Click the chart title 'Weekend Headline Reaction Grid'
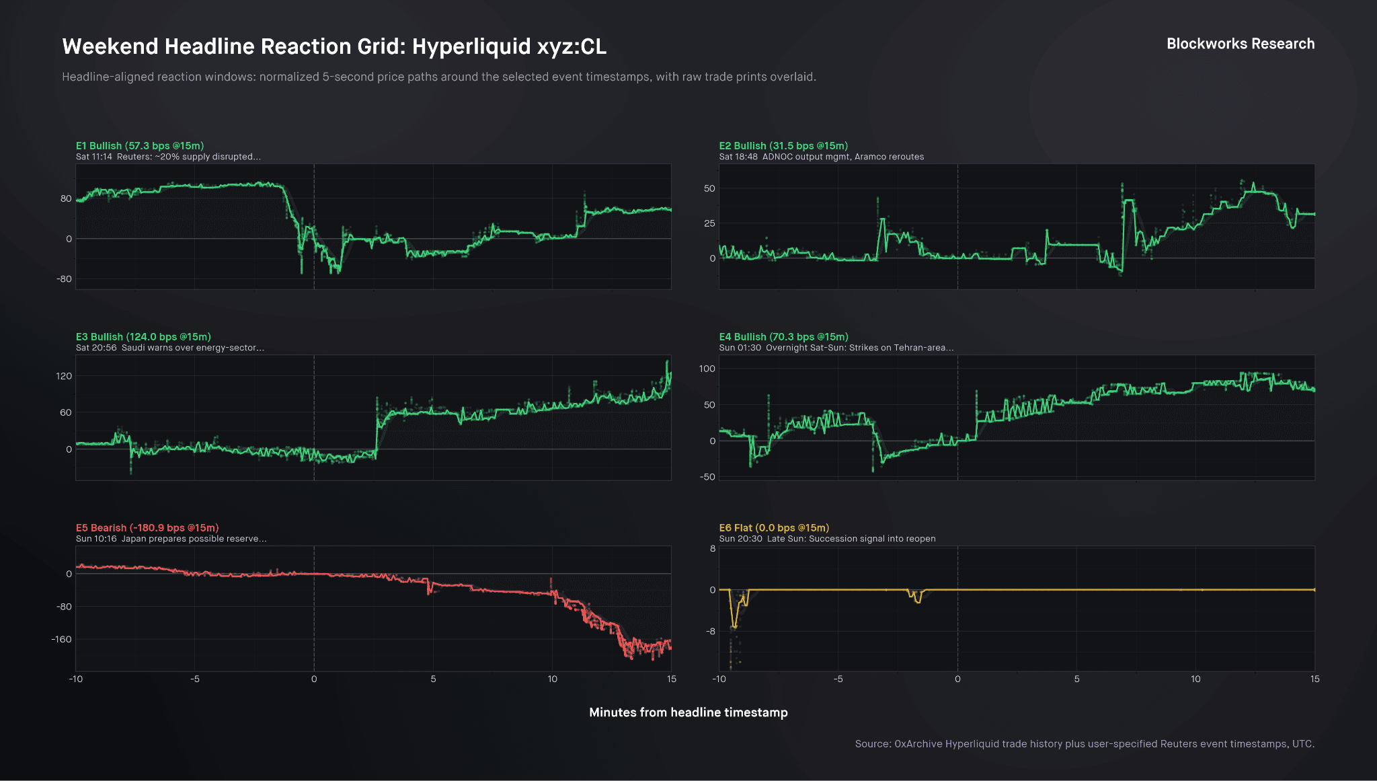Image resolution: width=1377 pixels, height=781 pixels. (334, 46)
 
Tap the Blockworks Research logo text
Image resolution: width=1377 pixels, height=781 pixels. (1240, 44)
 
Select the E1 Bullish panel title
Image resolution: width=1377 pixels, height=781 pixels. (140, 146)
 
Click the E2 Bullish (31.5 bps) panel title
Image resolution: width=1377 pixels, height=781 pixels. (783, 146)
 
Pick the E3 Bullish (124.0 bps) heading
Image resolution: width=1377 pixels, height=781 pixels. (143, 337)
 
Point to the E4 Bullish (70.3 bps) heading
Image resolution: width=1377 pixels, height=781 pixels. (783, 337)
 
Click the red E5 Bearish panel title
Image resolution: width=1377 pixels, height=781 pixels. (147, 528)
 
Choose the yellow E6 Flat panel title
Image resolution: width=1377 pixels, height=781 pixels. (774, 528)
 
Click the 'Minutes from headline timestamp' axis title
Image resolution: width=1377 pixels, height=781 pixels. (688, 712)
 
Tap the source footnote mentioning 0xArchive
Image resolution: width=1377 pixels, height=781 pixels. (1084, 744)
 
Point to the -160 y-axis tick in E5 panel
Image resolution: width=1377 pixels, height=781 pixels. (61, 640)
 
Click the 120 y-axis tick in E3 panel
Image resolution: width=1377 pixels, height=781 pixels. (64, 376)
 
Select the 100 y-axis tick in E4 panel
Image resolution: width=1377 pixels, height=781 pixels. (707, 369)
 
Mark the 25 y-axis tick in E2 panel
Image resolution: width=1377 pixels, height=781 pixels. (709, 223)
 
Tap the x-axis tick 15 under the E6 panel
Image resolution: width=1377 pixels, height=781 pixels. (1314, 679)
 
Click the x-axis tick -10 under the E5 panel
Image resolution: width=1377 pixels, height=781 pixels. (76, 679)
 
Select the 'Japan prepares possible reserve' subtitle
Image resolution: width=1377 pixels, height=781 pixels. (171, 539)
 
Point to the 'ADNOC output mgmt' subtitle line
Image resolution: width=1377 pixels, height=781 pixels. (821, 157)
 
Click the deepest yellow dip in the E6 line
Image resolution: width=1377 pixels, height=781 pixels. (734, 627)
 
